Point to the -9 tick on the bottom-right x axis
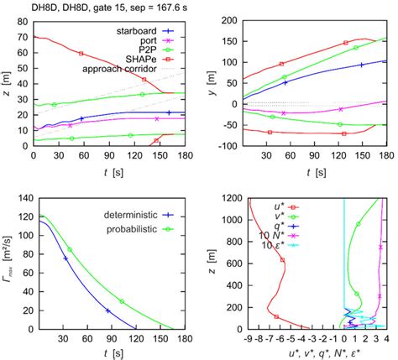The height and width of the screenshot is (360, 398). click(x=249, y=338)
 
